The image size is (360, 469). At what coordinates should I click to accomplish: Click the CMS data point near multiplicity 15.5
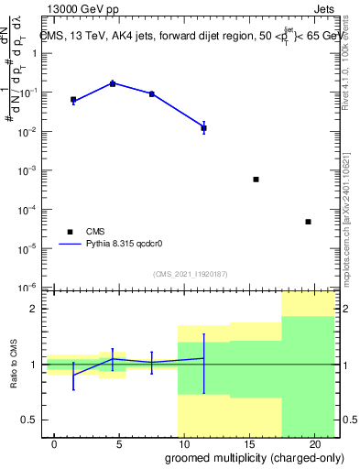click(x=256, y=180)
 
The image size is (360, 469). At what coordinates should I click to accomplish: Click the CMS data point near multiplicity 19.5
click(x=308, y=222)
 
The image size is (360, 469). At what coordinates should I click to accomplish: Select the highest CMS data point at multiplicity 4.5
click(x=113, y=83)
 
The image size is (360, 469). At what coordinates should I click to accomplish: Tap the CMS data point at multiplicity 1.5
click(x=73, y=99)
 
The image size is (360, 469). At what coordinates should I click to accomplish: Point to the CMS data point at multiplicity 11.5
click(x=204, y=128)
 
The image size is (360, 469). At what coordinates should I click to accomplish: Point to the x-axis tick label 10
click(x=184, y=443)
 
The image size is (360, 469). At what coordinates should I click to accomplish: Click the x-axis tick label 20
click(x=313, y=443)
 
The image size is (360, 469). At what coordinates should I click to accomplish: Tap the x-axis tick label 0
click(x=55, y=443)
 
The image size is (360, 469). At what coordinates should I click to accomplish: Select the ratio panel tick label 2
click(x=38, y=309)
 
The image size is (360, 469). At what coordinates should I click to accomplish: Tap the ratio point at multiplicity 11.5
click(x=204, y=358)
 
